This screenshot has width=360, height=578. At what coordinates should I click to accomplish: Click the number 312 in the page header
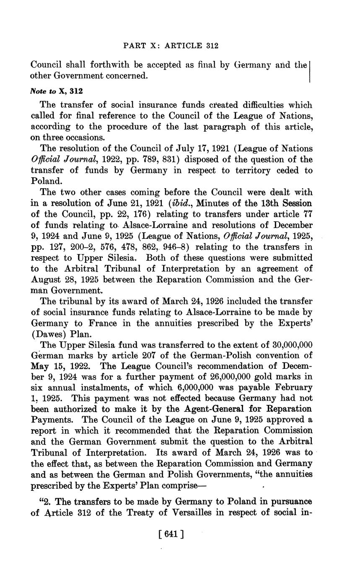click(210, 45)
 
